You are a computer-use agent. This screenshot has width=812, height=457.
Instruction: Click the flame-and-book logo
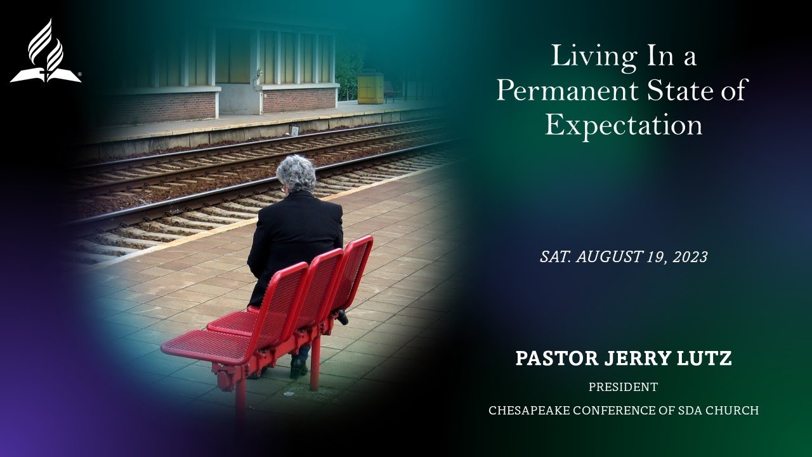[46, 52]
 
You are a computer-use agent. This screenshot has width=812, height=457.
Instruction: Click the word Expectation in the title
[624, 125]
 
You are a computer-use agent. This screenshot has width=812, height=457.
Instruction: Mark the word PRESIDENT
[623, 387]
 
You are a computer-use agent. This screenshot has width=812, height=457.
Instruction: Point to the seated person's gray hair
[296, 173]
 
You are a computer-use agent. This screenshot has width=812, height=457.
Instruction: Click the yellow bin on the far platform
[370, 87]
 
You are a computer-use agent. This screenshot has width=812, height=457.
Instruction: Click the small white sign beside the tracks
[295, 130]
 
